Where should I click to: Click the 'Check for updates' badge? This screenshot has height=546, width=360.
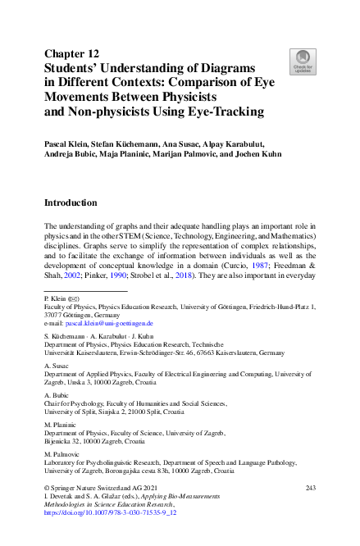coord(303,61)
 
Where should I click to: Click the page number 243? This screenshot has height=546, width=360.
coord(310,488)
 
